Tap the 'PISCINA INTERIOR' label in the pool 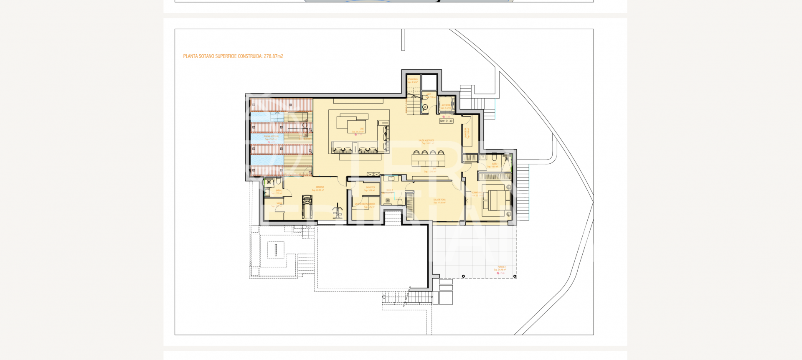[271, 137]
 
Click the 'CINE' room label [362, 129]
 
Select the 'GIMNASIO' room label [320, 188]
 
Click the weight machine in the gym [337, 211]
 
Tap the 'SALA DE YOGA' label [439, 200]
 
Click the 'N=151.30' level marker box [446, 121]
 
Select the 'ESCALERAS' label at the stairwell [413, 79]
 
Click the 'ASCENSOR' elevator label [446, 105]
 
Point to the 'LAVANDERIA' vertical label [466, 133]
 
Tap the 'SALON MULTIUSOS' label [426, 141]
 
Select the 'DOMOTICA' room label [371, 188]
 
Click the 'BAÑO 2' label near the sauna [279, 190]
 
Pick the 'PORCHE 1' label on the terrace [501, 267]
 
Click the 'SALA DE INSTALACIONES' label [365, 204]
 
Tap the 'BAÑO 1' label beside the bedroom [495, 164]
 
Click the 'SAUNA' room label [279, 203]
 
